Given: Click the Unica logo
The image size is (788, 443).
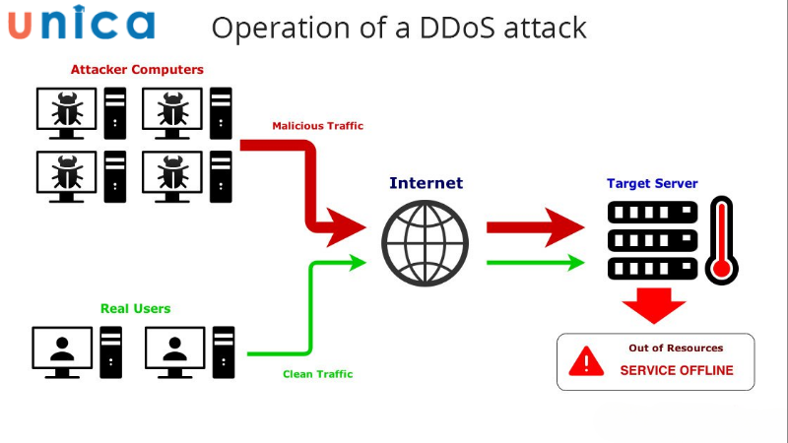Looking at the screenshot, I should pos(82,24).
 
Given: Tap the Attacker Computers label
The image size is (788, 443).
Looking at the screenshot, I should pos(137,70).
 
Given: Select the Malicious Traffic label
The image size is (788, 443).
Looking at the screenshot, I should pos(317,126).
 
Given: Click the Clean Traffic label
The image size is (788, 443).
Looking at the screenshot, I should pos(317,374).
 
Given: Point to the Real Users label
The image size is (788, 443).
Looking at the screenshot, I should pos(135,308).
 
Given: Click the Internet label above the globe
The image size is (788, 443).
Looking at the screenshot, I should pos(426,183).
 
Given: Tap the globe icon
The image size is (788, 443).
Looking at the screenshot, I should pos(426,243).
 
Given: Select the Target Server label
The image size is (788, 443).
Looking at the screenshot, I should pos(651,183).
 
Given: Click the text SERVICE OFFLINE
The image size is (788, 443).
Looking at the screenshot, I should pos(676,371).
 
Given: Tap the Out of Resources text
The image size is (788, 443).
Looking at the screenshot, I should pos(676,348).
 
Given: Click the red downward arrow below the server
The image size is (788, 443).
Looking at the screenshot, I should pos(653,304).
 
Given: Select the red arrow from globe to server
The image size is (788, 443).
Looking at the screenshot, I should pos(537,227).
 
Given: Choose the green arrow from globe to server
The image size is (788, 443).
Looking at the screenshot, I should pos(537,263).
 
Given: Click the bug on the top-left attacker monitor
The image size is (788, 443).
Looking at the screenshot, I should pos(67,111).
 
